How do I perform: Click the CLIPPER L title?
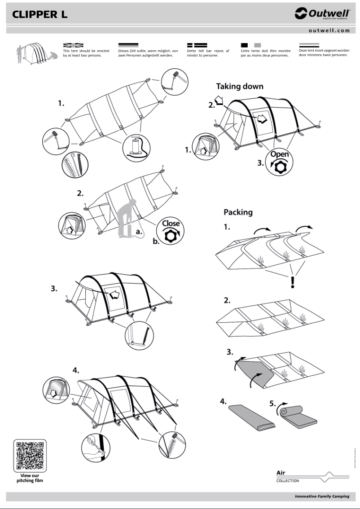40,14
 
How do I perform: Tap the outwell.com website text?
329,31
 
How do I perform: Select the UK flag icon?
73,45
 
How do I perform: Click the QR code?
30,454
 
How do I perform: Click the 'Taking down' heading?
240,86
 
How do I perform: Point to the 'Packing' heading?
238,212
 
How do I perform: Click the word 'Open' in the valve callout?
280,154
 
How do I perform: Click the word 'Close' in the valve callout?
171,223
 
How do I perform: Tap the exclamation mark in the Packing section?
292,281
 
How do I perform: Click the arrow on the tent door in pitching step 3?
115,295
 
